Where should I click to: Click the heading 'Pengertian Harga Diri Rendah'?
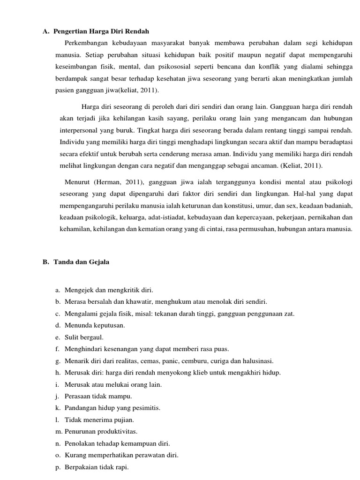point(101,31)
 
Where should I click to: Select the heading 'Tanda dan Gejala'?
point(82,262)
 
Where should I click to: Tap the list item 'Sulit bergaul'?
point(84,337)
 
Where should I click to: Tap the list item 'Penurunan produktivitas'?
point(101,431)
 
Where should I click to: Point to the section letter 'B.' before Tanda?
point(45,262)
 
